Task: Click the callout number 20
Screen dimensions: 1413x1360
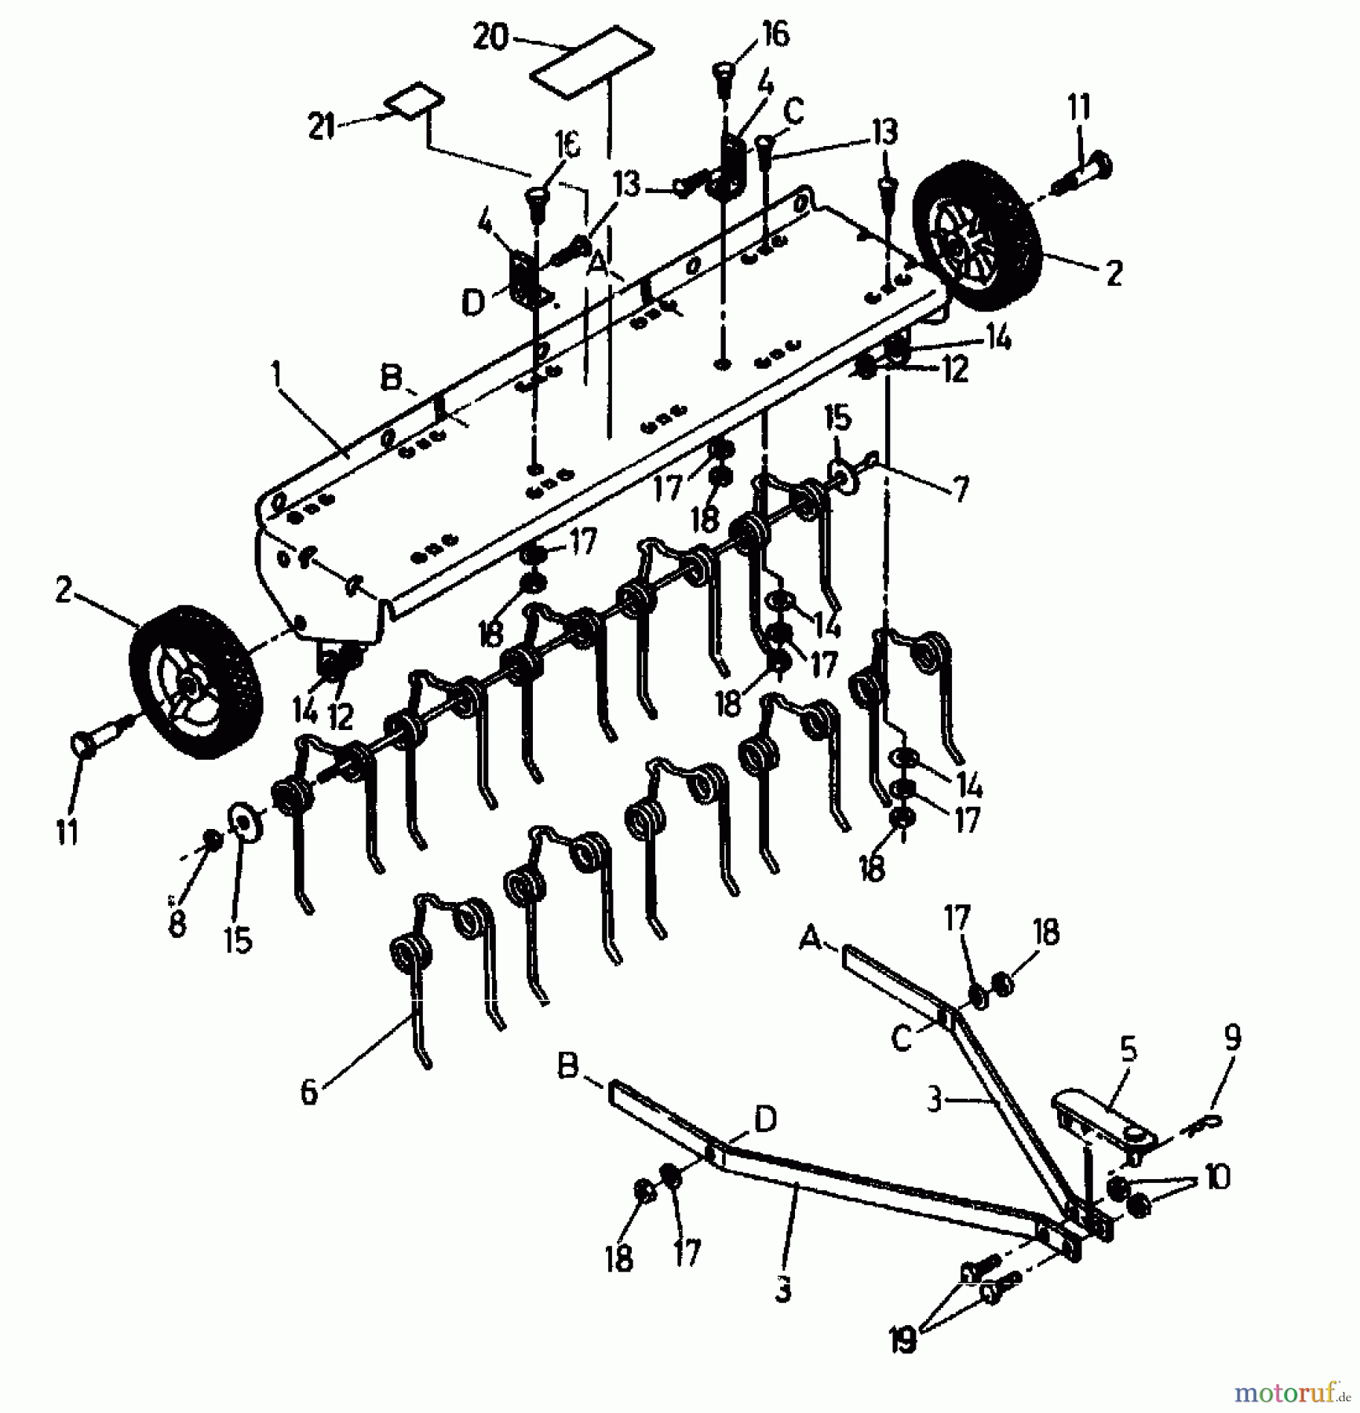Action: tap(490, 37)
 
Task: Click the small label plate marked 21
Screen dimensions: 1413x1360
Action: tap(415, 100)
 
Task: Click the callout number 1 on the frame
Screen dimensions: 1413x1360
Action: tap(275, 376)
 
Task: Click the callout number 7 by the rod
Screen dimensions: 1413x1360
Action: tap(960, 489)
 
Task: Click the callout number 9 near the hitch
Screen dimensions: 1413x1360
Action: tap(1231, 1039)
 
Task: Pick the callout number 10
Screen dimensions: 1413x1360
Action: tap(1216, 1177)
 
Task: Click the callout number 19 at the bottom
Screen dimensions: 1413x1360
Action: tap(903, 1342)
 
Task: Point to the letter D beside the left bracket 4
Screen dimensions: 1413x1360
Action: tap(473, 303)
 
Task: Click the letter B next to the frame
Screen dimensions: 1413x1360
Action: tap(391, 378)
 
